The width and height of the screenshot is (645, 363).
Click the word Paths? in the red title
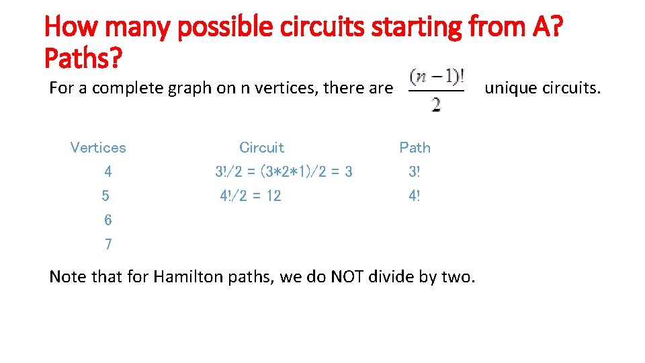[x=83, y=58]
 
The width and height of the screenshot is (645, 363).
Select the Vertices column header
[x=98, y=148]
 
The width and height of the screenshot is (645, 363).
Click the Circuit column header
[x=262, y=148]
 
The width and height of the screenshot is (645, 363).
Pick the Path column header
[x=415, y=148]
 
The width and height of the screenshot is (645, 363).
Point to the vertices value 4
[x=108, y=172]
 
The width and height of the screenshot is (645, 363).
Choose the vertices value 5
[x=105, y=196]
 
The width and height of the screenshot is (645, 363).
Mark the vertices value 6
[x=108, y=220]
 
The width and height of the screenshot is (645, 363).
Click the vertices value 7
[x=108, y=245]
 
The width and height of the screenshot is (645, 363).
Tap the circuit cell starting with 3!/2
[x=284, y=172]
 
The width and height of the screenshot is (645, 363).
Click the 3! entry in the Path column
[x=414, y=172]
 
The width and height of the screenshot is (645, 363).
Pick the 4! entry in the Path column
[x=414, y=196]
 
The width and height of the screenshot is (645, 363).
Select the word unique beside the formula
[x=509, y=88]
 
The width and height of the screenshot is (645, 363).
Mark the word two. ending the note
[x=461, y=277]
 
